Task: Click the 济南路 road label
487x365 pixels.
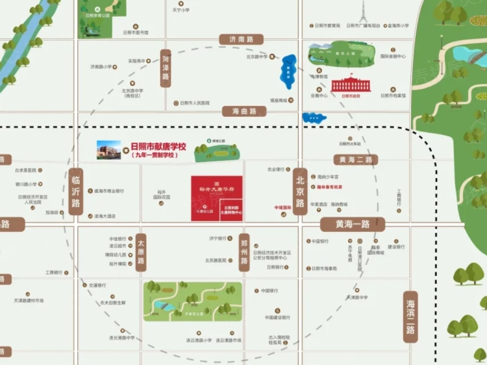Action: pyautogui.click(x=237, y=40)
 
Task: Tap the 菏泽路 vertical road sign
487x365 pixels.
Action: pyautogui.click(x=166, y=68)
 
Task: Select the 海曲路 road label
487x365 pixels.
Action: pyautogui.click(x=244, y=112)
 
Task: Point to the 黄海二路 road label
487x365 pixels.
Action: pyautogui.click(x=355, y=160)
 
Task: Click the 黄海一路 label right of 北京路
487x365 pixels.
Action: pyautogui.click(x=353, y=225)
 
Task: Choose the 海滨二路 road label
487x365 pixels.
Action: pyautogui.click(x=410, y=316)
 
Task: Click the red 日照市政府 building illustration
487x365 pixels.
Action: pyautogui.click(x=351, y=85)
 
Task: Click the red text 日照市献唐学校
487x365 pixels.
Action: pyautogui.click(x=158, y=147)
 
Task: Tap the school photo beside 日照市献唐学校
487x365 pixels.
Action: pyautogui.click(x=109, y=150)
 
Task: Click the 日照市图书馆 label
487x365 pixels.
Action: pyautogui.click(x=136, y=32)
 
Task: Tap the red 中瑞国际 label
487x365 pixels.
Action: pyautogui.click(x=282, y=208)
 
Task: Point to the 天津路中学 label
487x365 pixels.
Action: pyautogui.click(x=356, y=297)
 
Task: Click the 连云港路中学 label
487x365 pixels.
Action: pyautogui.click(x=121, y=338)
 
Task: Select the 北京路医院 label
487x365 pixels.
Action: pyautogui.click(x=216, y=260)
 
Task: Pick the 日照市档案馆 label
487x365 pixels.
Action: pyautogui.click(x=393, y=95)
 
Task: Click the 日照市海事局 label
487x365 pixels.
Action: pyautogui.click(x=324, y=268)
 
